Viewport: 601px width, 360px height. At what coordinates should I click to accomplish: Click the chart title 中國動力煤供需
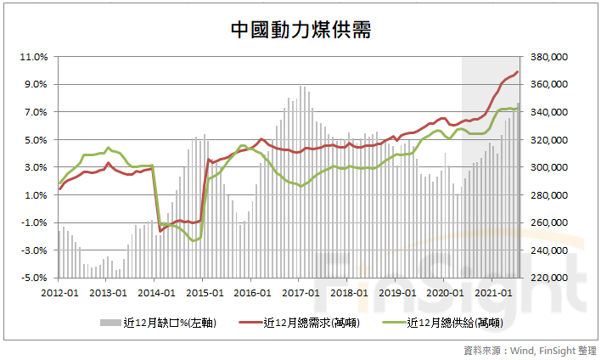coord(300,30)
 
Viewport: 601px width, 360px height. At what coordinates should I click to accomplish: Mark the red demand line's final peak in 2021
coord(518,72)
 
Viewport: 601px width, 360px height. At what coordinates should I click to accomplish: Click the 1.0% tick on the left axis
coord(33,194)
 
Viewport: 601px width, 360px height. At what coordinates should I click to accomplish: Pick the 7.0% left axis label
coord(33,112)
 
